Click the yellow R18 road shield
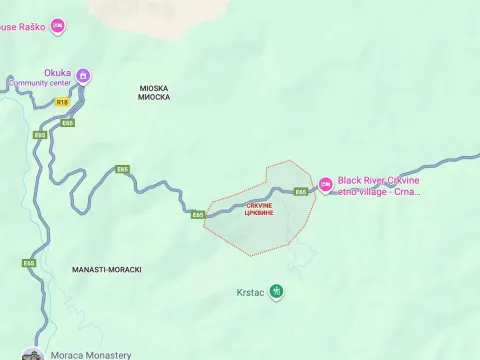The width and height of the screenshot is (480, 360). coord(62,102)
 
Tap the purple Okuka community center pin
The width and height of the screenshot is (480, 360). coord(84,76)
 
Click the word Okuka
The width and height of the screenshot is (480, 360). coord(57,72)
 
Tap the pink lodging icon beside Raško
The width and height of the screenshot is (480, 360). coord(58,24)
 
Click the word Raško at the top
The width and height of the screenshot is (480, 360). coord(28,24)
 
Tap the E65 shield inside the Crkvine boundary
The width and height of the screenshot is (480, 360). coord(301,192)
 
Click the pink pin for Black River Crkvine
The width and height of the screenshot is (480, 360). coord(325,184)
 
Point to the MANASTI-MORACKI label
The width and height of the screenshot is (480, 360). coord(107,270)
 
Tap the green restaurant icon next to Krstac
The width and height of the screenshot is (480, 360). coord(277,292)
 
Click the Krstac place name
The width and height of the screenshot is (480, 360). coord(250,293)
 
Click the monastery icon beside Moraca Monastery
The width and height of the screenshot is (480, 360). coord(33,355)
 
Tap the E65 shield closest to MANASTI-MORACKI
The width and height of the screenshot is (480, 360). coord(29,263)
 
